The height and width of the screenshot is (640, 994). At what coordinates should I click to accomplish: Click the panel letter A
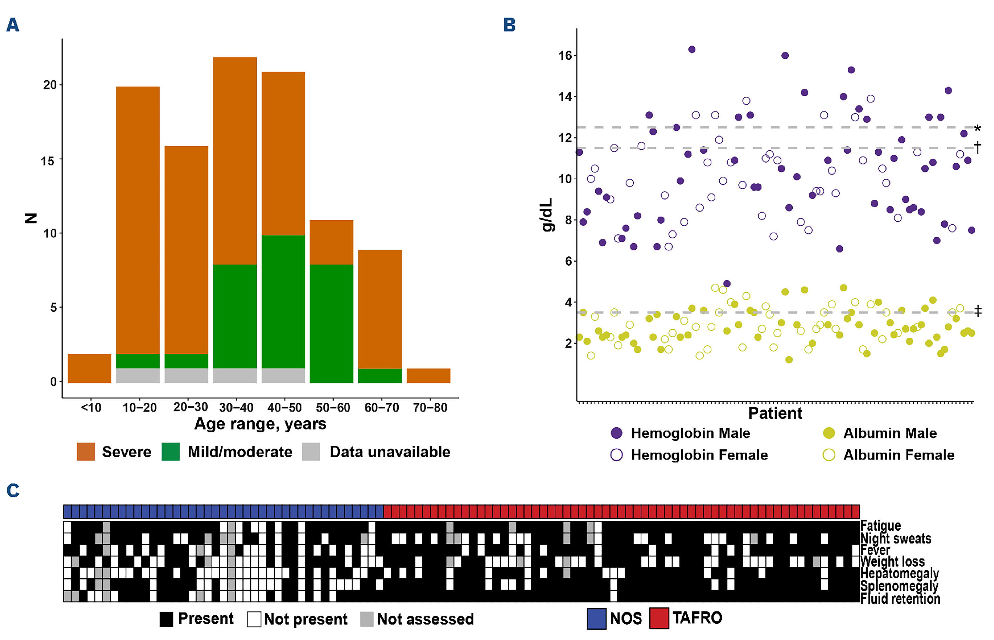pos(13,25)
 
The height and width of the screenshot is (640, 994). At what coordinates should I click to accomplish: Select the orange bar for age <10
pos(89,368)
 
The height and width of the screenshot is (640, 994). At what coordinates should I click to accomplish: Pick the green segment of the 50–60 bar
pos(331,323)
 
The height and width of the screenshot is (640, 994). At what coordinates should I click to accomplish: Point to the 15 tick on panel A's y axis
pos(48,161)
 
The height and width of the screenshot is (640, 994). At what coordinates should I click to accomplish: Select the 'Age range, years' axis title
pos(260,424)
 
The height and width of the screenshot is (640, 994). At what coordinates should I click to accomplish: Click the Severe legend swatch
pos(86,452)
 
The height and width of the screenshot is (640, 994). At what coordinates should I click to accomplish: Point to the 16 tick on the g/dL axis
pos(565,56)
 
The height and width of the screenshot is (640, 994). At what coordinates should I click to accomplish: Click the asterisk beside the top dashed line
pos(978,129)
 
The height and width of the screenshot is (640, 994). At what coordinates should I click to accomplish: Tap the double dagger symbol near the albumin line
pos(978,311)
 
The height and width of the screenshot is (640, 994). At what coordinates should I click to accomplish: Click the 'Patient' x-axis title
pos(775,414)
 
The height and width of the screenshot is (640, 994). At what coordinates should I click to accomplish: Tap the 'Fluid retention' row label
pos(900,599)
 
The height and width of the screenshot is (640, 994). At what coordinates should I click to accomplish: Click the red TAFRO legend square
pos(659,618)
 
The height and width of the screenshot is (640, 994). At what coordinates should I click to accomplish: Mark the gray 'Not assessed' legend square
pos(366,619)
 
